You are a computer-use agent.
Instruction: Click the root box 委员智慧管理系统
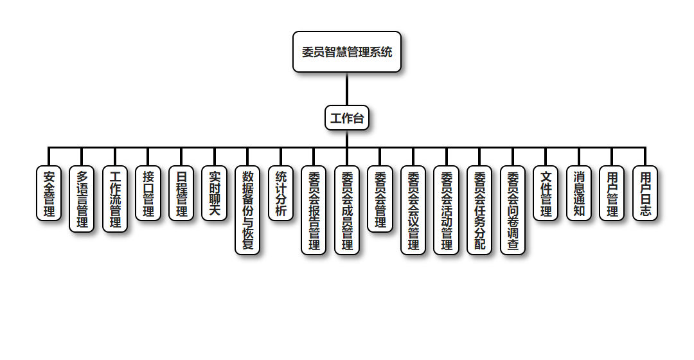(347, 52)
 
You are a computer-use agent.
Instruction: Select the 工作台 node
(347, 118)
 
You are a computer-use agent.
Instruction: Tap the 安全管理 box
(49, 194)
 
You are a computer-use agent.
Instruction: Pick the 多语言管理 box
(82, 199)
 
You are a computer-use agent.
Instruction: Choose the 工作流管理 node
(115, 199)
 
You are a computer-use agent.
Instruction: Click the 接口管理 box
(148, 194)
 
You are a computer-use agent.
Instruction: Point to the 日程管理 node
(181, 194)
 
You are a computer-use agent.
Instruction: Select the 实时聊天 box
(215, 194)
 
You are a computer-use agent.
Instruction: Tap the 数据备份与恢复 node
(247, 210)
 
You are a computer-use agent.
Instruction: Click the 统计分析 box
(281, 194)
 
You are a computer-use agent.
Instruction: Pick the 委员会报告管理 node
(314, 210)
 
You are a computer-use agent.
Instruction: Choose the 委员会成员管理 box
(347, 210)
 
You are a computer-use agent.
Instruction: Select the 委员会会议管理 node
(413, 210)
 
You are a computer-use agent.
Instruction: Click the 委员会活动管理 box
(447, 210)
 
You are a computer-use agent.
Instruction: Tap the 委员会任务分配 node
(479, 210)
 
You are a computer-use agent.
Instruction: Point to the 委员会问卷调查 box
(513, 210)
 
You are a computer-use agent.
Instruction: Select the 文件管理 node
(546, 194)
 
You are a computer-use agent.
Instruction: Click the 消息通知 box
(579, 194)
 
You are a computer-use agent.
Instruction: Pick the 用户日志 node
(645, 194)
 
